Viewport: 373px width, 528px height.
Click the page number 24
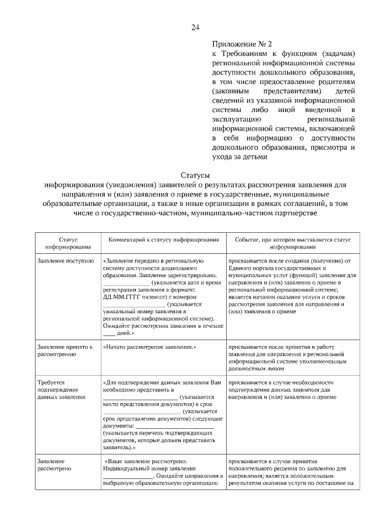click(x=195, y=27)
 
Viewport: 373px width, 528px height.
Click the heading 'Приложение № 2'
click(x=242, y=43)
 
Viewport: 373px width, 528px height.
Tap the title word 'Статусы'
click(x=195, y=175)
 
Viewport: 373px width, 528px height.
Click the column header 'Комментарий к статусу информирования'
click(x=161, y=240)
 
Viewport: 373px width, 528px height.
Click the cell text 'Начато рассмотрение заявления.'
click(x=149, y=347)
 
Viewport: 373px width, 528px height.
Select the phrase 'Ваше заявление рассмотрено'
click(x=143, y=460)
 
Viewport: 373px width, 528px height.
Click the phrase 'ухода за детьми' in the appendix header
click(x=240, y=156)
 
